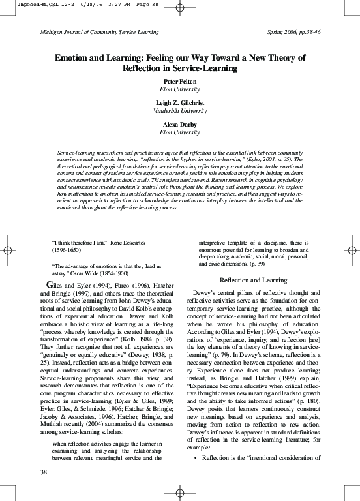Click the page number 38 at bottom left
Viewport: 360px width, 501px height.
pos(43,472)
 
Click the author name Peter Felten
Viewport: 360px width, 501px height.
pos(179,81)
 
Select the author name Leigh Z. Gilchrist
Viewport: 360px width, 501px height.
pos(179,103)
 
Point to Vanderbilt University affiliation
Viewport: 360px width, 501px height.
pos(179,111)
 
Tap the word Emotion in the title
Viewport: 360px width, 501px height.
pos(73,57)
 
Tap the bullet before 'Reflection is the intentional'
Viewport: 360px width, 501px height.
pos(197,457)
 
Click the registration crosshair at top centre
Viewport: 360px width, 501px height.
pos(180,16)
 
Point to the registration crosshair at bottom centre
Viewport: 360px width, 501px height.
pos(180,489)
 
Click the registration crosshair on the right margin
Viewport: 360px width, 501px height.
pos(353,250)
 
